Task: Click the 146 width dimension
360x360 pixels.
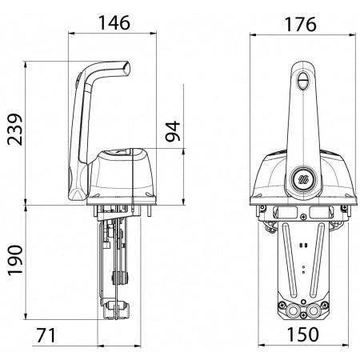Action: (114, 23)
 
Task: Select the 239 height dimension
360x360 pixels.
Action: (15, 130)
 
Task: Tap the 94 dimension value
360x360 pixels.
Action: (173, 131)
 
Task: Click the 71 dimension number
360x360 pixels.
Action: (46, 335)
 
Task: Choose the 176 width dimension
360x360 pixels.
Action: (301, 25)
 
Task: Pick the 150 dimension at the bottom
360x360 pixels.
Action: (302, 334)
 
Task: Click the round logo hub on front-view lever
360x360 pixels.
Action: (302, 178)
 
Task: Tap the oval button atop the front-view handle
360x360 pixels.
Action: (303, 81)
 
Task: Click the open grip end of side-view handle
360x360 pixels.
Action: (126, 68)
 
